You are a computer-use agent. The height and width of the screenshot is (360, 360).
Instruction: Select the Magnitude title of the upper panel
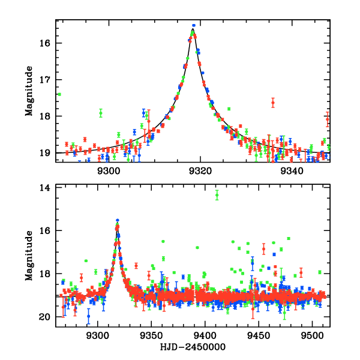(x=28, y=91)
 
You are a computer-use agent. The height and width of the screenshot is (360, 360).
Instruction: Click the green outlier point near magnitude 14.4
(x=217, y=194)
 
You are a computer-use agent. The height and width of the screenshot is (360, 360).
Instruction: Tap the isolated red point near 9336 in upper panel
(x=273, y=103)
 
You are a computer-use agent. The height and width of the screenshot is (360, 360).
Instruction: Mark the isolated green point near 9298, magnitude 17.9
(x=101, y=113)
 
